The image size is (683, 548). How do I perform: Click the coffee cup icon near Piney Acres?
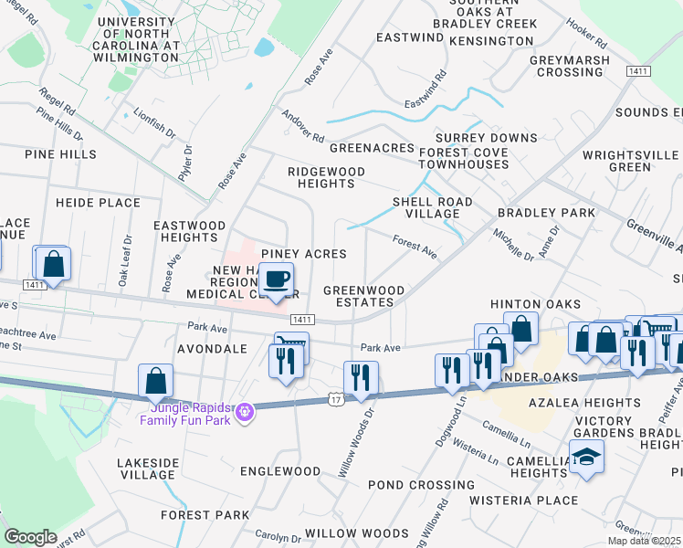pos(277,279)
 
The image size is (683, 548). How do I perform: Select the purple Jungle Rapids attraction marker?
pos(243,414)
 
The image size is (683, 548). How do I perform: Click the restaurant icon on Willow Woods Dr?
pos(361,377)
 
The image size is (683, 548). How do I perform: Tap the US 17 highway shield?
pos(335,397)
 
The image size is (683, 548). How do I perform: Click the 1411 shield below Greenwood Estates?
pos(303,320)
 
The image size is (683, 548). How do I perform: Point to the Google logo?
pos(30,537)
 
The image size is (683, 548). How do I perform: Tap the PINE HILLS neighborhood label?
pos(61,154)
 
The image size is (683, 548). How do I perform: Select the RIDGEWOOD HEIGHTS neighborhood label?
pos(326,177)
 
